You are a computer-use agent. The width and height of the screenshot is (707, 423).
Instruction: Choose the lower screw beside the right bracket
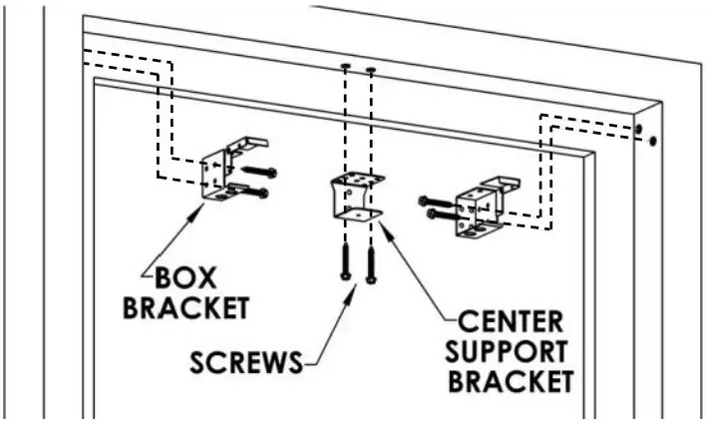click(440, 213)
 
